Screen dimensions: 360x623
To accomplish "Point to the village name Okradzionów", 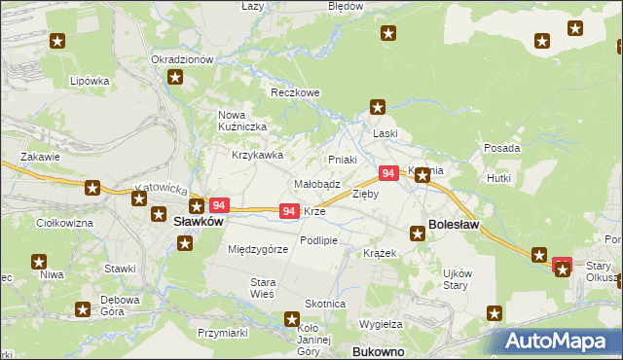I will click(182, 59).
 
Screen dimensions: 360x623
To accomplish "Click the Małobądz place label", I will click(316, 183).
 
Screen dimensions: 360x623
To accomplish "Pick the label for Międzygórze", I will click(258, 249).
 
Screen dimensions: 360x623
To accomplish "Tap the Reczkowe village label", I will click(295, 93).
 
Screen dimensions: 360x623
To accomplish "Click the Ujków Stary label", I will click(457, 278).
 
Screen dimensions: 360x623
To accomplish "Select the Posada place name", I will click(501, 148).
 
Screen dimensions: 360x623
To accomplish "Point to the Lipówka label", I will click(90, 81).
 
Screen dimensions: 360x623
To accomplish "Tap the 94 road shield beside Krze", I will click(289, 211).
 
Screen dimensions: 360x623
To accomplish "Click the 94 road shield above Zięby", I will click(387, 173).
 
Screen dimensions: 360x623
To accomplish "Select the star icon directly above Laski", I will click(379, 108).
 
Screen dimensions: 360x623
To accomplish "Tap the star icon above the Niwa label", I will click(40, 261).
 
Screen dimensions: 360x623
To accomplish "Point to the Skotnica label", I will click(325, 304).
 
